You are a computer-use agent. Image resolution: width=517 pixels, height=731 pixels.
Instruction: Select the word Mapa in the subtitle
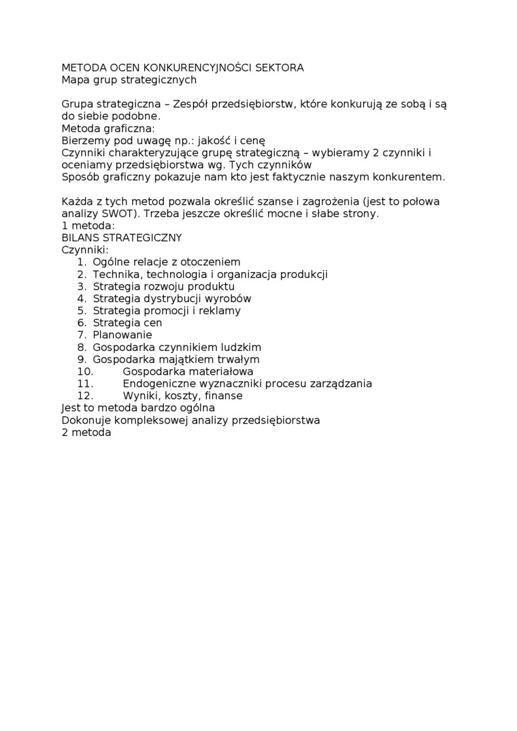click(x=75, y=80)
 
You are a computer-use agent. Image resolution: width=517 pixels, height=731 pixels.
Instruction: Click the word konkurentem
click(x=411, y=177)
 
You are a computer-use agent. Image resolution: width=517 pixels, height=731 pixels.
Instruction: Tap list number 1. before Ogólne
click(x=81, y=262)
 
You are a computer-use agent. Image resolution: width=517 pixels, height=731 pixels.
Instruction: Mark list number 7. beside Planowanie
click(x=81, y=335)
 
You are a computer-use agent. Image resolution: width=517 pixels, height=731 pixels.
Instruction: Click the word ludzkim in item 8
click(x=241, y=347)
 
